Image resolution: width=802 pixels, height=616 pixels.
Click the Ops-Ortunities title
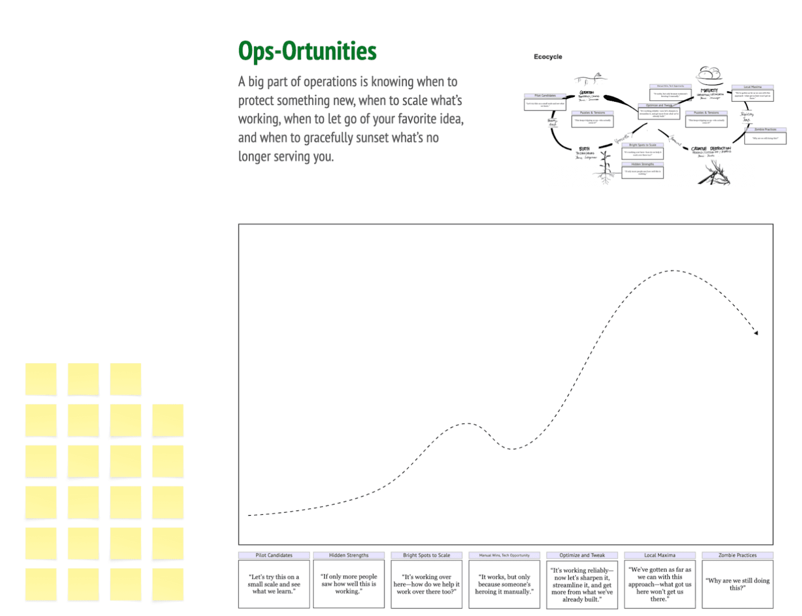(x=307, y=51)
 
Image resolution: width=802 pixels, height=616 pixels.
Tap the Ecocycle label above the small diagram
(x=547, y=57)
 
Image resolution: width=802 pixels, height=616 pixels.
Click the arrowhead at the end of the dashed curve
(x=756, y=332)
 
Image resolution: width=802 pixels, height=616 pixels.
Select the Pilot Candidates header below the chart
(x=273, y=555)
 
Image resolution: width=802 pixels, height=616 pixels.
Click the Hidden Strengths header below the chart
(x=349, y=555)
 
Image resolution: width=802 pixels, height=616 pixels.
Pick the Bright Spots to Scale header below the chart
(x=426, y=555)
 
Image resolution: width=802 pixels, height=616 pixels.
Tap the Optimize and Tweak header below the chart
(x=582, y=555)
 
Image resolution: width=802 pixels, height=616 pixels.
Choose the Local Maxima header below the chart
(x=659, y=555)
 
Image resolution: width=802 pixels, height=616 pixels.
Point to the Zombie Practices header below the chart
(x=737, y=555)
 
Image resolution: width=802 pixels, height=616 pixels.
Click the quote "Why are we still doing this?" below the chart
(x=737, y=584)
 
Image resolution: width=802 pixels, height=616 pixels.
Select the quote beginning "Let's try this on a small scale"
(x=273, y=584)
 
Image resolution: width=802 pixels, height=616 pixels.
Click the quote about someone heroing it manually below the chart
(x=504, y=584)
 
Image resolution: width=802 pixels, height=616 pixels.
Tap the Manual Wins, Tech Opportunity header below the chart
(x=504, y=555)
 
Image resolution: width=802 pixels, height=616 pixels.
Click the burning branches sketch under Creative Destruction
(x=714, y=173)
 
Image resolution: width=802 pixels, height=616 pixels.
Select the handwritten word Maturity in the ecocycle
(x=709, y=91)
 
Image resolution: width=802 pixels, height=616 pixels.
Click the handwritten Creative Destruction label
(x=711, y=148)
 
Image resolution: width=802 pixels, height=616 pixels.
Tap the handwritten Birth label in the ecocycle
(x=584, y=149)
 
